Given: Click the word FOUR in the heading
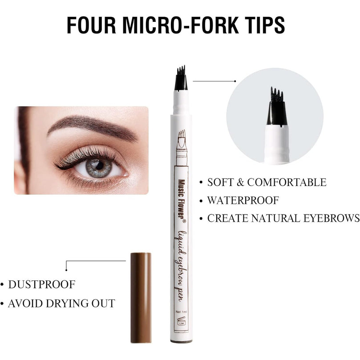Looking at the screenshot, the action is (91, 25).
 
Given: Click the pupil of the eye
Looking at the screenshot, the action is (99, 166).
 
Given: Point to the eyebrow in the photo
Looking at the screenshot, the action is (92, 127).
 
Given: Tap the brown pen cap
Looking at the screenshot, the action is (141, 298).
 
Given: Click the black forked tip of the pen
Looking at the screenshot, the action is (181, 78).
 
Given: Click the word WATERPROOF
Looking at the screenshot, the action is (243, 200).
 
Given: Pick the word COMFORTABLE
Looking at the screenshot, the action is (287, 182).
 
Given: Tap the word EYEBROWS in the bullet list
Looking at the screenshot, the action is (332, 218).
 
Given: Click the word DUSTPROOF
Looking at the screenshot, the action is (42, 284).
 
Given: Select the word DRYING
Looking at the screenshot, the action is (67, 303).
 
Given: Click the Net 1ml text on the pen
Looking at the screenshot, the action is (181, 312).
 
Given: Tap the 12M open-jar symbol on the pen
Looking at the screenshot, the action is (181, 321).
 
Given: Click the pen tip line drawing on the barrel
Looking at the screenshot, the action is (182, 147).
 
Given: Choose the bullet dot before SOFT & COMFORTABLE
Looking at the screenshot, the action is (201, 182).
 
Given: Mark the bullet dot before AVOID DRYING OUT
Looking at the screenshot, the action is (2, 303).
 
